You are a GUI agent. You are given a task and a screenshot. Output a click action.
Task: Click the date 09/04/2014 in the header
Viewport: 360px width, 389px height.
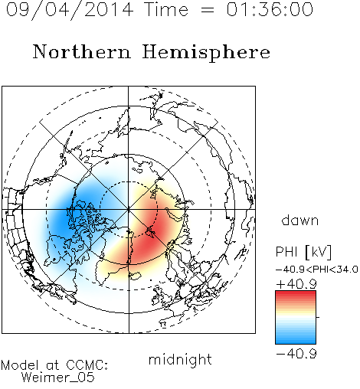point(70,10)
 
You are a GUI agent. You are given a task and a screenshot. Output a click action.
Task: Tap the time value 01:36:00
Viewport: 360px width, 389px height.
point(270,9)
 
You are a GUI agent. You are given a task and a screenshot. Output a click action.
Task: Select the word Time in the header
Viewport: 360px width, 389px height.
point(166,9)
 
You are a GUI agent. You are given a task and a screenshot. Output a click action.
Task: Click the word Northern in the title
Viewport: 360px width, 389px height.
point(82,52)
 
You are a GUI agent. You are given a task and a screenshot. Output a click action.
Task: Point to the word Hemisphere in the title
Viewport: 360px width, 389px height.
point(206,53)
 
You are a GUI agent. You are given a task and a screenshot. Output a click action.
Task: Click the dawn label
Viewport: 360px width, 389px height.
point(300,220)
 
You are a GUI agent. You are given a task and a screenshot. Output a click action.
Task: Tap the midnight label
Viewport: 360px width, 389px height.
point(180,359)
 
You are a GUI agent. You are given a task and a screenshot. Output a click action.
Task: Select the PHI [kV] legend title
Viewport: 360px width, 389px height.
point(303,252)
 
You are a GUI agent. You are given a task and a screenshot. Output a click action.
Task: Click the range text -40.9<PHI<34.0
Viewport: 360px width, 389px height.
point(317,270)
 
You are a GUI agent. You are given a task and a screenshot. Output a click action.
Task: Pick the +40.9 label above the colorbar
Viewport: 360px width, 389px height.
point(296,284)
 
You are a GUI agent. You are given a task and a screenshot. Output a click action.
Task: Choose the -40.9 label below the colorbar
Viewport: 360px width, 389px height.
point(296,354)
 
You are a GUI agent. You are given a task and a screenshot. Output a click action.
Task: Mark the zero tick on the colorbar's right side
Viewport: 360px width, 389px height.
point(318,317)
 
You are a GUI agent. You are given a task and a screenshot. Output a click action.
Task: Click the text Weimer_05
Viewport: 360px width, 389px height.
point(58,378)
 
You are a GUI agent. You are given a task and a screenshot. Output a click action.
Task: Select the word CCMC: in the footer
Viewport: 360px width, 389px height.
point(87,365)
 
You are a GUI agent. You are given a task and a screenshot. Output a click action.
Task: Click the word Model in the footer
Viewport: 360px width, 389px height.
point(20,365)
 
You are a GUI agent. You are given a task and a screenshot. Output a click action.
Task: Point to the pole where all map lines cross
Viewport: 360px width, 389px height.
point(129,210)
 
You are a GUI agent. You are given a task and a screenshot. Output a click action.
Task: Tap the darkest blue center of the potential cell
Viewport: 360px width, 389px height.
point(63,217)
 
